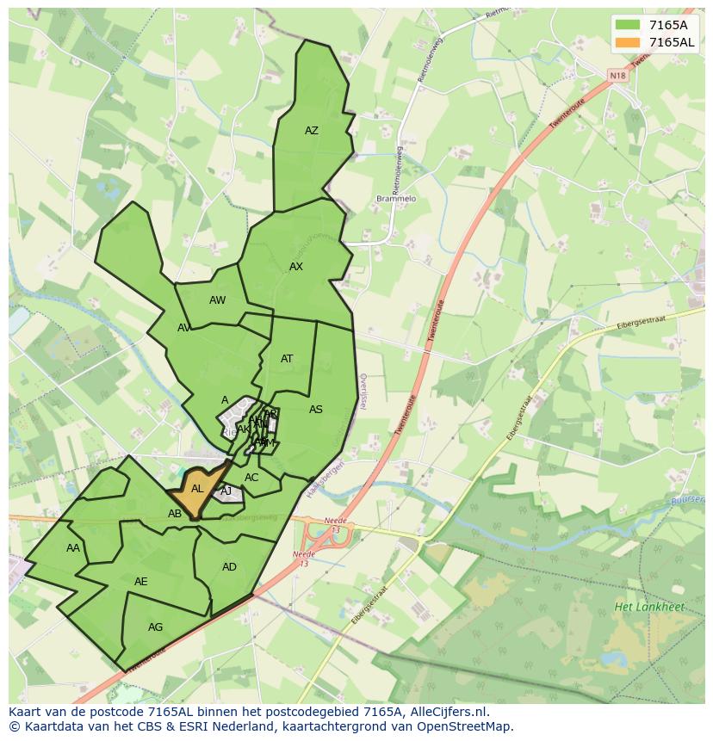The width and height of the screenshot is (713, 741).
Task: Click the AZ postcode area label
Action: [312, 131]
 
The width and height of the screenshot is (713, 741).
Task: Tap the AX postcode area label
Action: [296, 267]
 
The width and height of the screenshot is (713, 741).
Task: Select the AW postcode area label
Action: [217, 300]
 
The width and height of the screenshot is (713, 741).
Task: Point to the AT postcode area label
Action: [287, 359]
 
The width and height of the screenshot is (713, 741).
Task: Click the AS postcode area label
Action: [316, 410]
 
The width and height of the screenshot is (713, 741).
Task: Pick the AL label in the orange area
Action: [197, 489]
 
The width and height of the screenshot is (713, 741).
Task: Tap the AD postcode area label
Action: [229, 567]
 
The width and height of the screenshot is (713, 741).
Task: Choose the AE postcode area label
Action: [141, 582]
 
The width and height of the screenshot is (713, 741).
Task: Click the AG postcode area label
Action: [155, 627]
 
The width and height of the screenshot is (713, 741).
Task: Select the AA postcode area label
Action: [73, 548]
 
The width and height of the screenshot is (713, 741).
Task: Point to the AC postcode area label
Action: [251, 478]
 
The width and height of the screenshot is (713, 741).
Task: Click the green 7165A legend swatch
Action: [629, 25]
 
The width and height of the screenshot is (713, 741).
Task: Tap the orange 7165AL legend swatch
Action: [629, 42]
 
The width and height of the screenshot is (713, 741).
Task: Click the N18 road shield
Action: [617, 76]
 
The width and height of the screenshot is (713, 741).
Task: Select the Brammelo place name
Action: [396, 199]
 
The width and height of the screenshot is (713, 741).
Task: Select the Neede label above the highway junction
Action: [333, 522]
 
